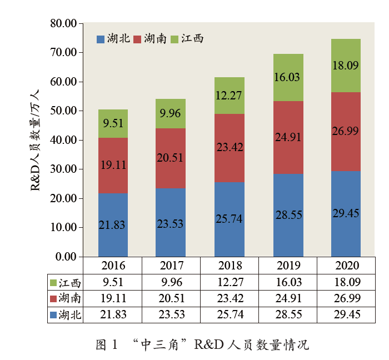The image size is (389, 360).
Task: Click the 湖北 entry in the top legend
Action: (113, 38)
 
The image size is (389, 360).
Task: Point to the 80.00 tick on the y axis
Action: (62, 24)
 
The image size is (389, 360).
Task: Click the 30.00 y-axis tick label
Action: (62, 169)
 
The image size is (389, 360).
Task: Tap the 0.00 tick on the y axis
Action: (65, 257)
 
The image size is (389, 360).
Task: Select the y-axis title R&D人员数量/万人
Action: (34, 139)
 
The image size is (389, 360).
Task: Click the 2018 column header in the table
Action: (229, 265)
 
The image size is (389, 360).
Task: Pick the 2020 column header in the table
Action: (346, 265)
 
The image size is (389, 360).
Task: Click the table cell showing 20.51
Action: (171, 298)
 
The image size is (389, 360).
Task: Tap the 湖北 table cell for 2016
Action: (113, 315)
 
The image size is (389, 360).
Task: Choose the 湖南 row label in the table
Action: (66, 298)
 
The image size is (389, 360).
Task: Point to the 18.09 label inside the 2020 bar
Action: (346, 65)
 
